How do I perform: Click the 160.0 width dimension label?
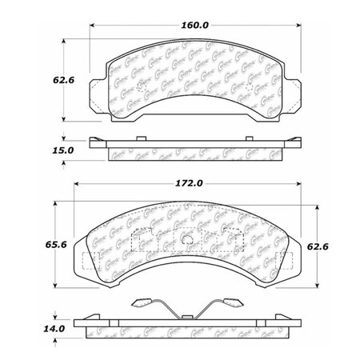click(x=194, y=26)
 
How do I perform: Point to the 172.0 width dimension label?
click(x=187, y=183)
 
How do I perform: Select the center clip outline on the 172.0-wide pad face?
click(x=186, y=238)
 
